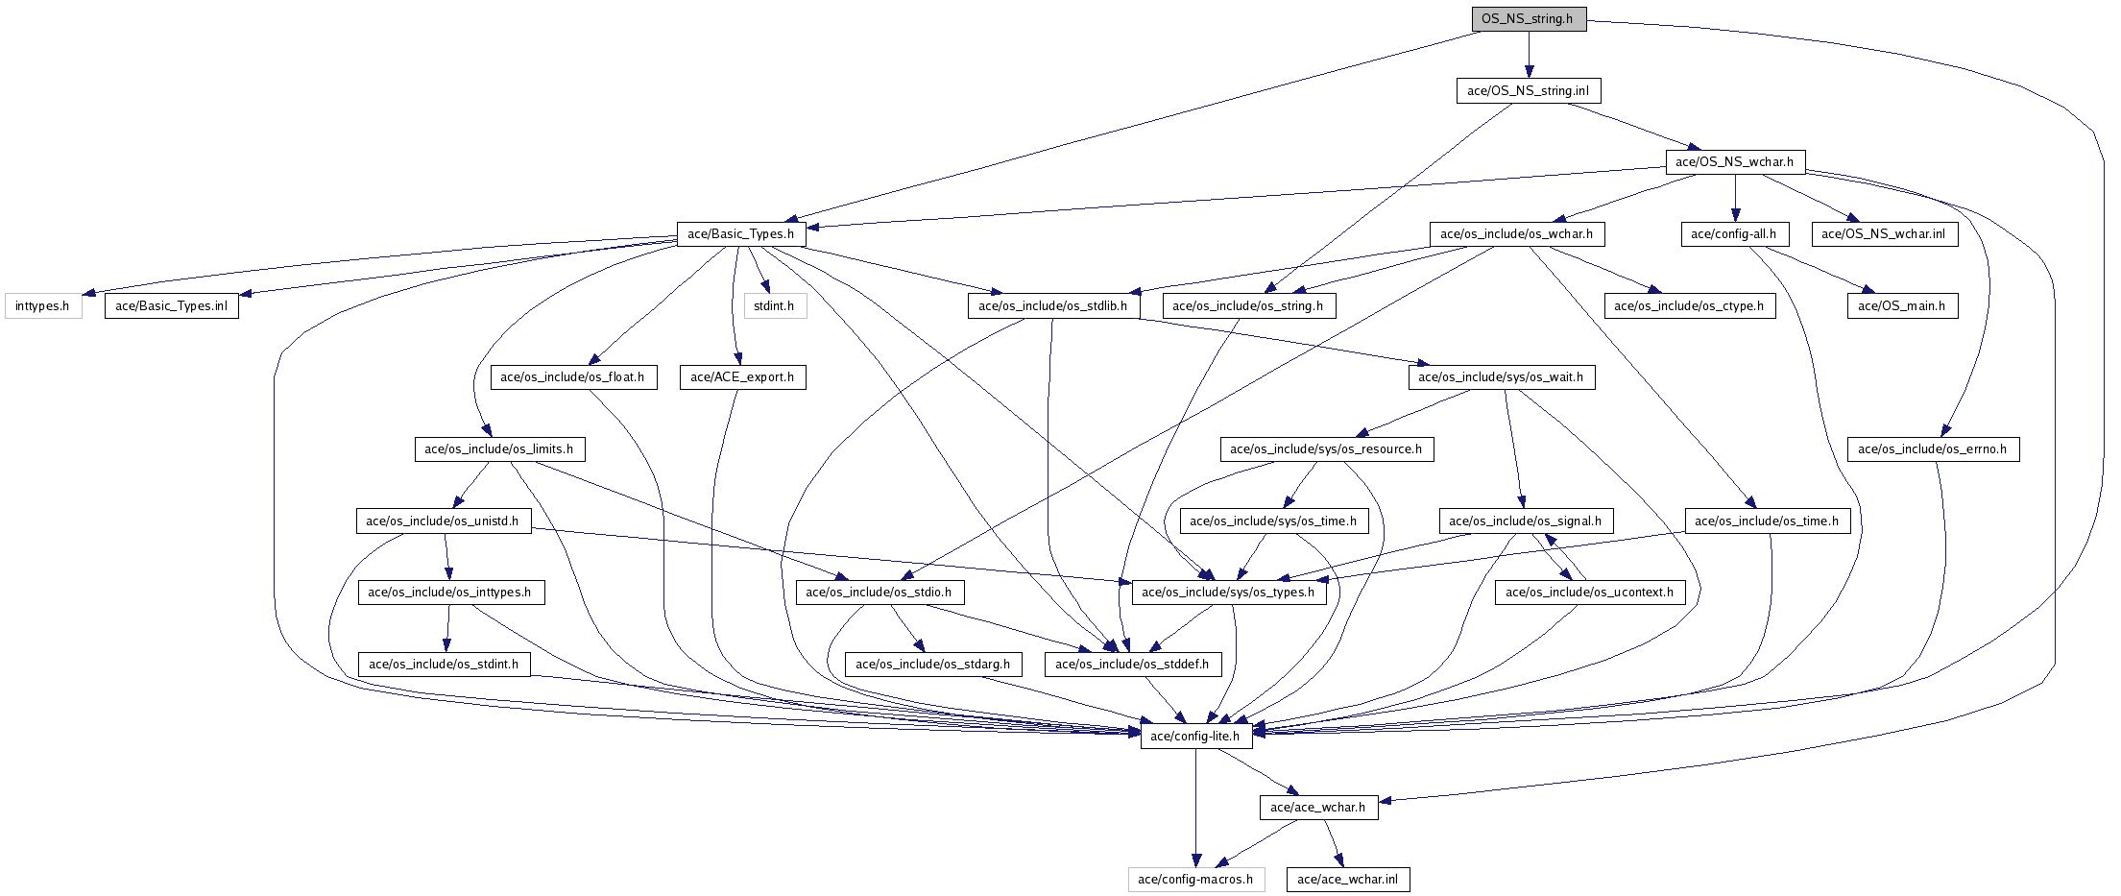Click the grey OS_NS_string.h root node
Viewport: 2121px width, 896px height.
[1528, 19]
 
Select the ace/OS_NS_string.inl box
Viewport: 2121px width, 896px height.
[1528, 91]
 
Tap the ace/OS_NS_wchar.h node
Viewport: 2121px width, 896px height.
[1734, 162]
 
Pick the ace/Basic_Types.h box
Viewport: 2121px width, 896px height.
[740, 234]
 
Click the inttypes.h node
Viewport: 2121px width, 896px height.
[42, 306]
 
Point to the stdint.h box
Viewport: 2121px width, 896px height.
[774, 306]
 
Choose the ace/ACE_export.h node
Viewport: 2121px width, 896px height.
[741, 377]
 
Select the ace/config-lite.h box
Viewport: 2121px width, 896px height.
[1195, 737]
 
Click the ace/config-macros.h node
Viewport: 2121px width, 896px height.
[1195, 880]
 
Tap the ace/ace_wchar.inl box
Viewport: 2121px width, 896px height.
[1348, 880]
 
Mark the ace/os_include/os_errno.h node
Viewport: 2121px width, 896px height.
[1932, 449]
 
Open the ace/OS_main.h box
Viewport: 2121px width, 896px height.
[1901, 306]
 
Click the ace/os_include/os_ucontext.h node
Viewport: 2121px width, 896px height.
[1589, 593]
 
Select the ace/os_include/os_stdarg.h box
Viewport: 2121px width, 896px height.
[932, 665]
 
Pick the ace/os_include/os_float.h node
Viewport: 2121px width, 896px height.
[572, 377]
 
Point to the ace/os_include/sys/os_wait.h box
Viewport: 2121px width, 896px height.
[1501, 377]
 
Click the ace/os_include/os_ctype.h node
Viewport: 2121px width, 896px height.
[1689, 306]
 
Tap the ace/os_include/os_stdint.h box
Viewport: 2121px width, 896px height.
[444, 665]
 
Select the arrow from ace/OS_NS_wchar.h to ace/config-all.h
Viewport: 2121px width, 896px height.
[1735, 198]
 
